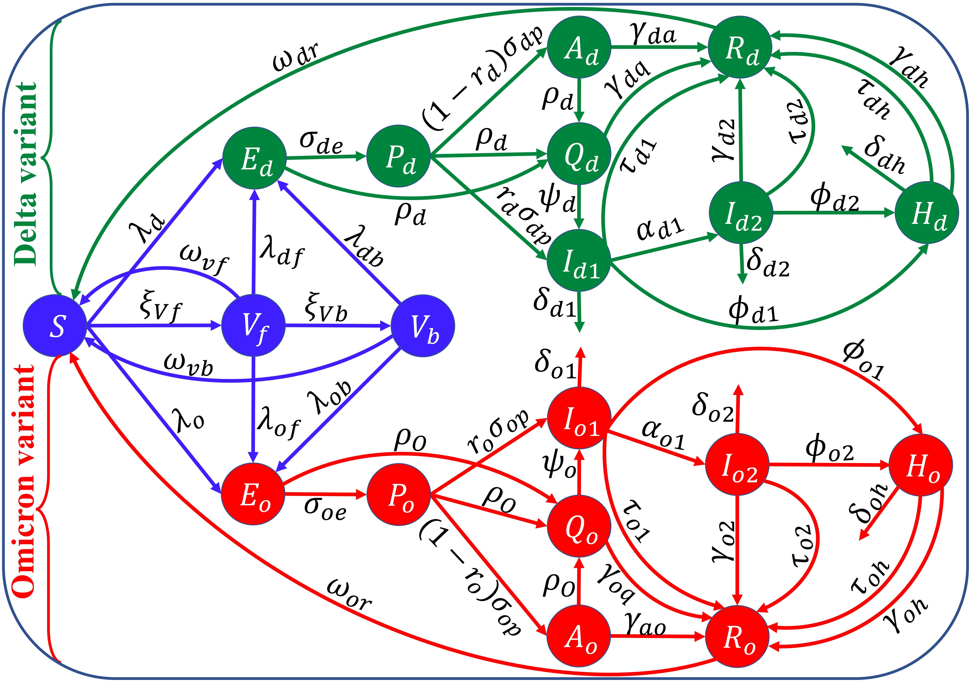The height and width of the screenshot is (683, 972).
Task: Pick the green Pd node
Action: click(398, 156)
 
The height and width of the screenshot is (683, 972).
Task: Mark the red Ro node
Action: click(737, 636)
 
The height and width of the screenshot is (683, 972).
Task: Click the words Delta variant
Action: click(26, 174)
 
